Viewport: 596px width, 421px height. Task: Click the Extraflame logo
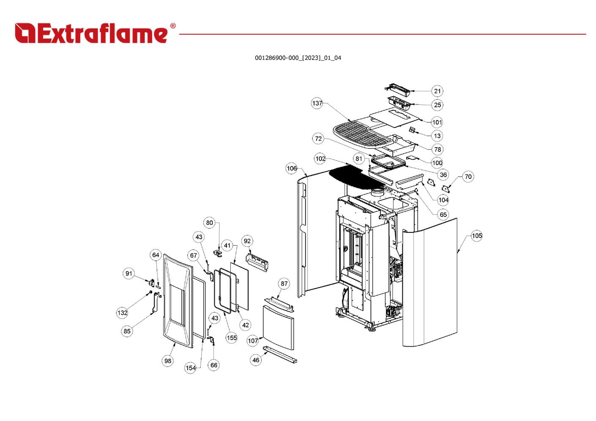click(95, 33)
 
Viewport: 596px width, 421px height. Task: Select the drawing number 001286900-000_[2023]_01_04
click(298, 58)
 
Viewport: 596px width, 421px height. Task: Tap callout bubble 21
click(437, 91)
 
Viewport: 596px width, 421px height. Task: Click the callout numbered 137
click(317, 103)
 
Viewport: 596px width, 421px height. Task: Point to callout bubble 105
click(476, 236)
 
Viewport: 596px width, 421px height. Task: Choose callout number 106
click(292, 169)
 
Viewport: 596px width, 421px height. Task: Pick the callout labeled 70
click(468, 177)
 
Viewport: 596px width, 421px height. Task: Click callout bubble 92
click(247, 241)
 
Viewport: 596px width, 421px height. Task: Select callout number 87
click(284, 284)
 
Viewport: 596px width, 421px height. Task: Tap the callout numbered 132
click(122, 313)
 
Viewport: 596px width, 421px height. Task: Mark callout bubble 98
click(168, 361)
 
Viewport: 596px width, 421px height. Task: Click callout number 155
click(232, 338)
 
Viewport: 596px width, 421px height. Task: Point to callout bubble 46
click(256, 360)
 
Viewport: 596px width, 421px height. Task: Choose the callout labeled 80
click(210, 223)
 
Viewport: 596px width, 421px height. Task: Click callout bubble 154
click(191, 368)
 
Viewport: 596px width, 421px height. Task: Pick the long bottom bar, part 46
click(280, 355)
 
